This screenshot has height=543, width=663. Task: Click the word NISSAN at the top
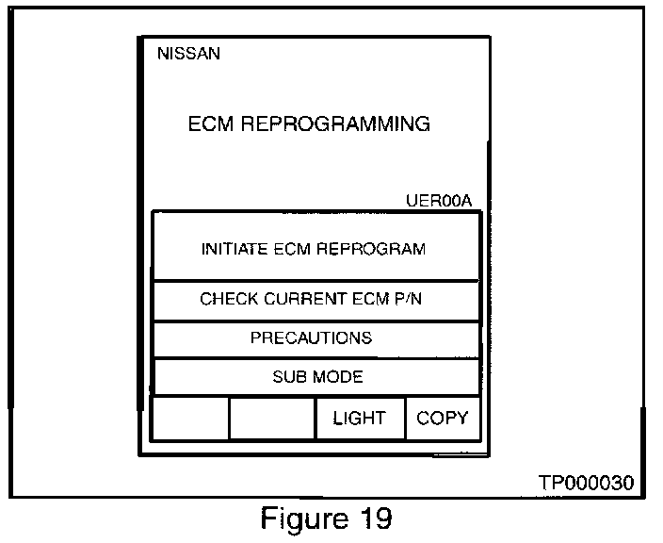point(189,54)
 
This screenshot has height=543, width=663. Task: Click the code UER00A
point(438,201)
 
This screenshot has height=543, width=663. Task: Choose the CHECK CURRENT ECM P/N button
point(315,300)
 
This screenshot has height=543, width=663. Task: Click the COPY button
point(442,418)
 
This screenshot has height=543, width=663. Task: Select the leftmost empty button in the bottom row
point(190,418)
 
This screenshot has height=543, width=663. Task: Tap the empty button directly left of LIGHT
point(271,418)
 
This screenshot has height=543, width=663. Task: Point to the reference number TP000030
point(586,483)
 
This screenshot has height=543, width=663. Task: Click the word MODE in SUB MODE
point(336,377)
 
